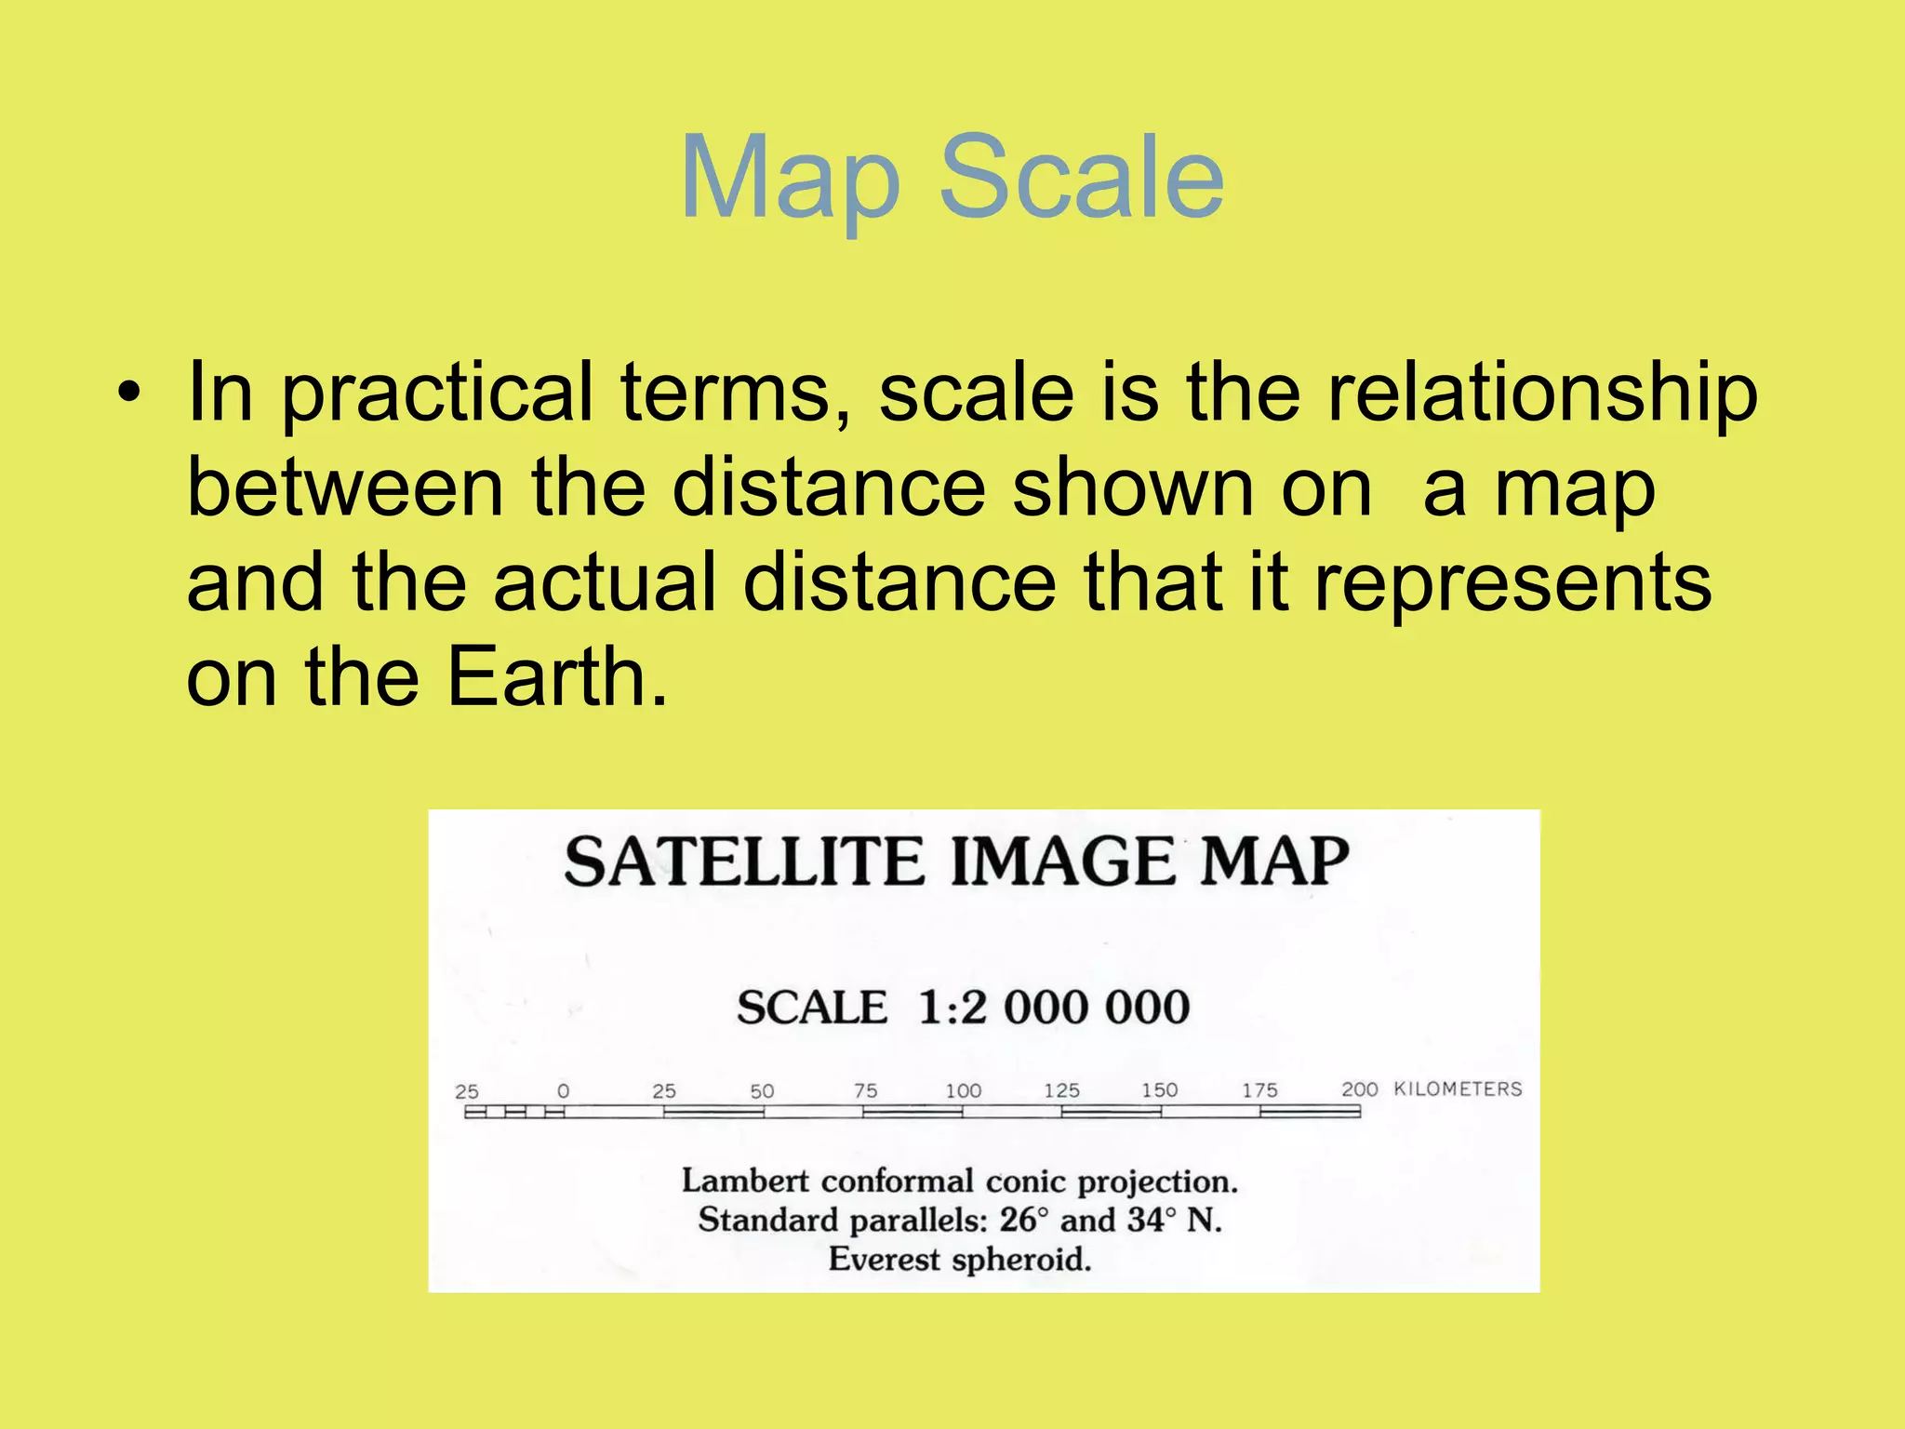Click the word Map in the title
791,179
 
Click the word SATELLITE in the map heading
744,861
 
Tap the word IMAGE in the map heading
1064,861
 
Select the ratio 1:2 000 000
1054,1008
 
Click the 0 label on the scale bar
563,1091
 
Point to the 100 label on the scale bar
963,1090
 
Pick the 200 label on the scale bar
1359,1089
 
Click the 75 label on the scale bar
865,1090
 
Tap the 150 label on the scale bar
1160,1090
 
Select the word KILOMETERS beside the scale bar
1458,1089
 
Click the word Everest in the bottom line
885,1260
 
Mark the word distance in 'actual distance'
899,583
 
